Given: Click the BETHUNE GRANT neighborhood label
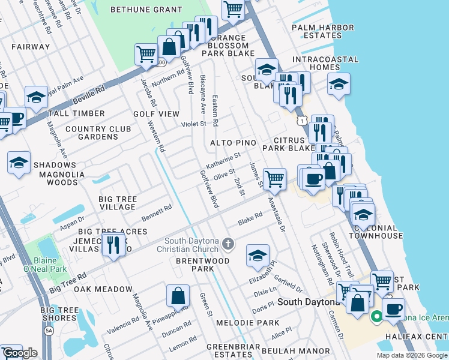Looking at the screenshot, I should [147, 10].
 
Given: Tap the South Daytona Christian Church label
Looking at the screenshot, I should [188, 245].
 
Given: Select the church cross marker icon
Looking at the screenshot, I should [228, 244].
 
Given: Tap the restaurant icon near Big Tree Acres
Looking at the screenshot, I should [112, 244].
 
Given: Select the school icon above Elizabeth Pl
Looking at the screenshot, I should [257, 256].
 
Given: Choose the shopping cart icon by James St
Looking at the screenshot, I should [274, 178].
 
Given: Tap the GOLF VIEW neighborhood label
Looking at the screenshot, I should [156, 114].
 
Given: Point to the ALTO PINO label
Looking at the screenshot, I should [234, 143].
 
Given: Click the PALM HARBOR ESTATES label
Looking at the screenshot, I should [316, 32].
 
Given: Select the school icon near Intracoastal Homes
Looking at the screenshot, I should [339, 83].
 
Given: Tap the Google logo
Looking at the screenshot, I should [20, 353].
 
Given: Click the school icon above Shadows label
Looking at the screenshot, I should [19, 163].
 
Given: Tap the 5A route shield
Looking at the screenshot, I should [49, 330].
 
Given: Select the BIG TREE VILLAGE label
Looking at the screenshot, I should [118, 203].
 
